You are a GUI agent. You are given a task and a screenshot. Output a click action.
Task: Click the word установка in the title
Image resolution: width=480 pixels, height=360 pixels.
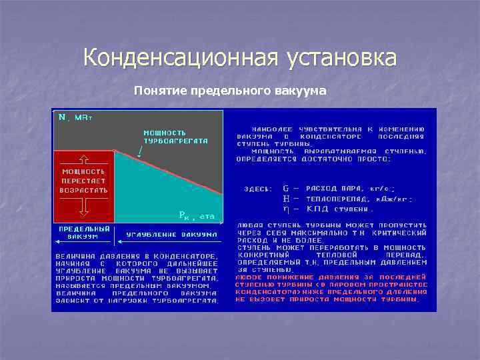[341, 58]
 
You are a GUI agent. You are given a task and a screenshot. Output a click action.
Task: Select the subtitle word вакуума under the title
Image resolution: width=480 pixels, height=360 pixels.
[299, 90]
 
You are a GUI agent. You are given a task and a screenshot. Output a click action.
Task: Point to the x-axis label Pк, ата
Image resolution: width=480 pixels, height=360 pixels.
[197, 215]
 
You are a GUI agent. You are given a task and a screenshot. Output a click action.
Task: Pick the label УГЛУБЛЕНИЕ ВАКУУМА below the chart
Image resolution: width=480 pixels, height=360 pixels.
[172, 235]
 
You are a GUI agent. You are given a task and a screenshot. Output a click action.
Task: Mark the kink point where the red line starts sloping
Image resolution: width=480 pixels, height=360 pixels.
[115, 151]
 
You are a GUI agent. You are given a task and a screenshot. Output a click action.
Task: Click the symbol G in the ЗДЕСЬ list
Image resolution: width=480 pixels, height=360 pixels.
[286, 189]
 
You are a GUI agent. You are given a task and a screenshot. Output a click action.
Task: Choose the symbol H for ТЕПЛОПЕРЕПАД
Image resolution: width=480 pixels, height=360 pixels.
[286, 199]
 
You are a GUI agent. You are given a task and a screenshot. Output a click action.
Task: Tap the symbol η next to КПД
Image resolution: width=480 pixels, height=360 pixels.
[286, 208]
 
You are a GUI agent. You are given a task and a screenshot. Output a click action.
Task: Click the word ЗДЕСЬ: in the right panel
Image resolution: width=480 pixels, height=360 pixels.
[257, 189]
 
